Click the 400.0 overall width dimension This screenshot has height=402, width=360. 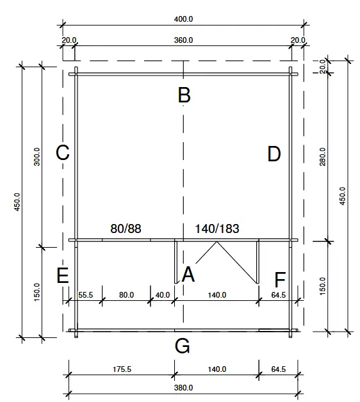pyautogui.click(x=183, y=19)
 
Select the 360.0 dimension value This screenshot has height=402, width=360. pyautogui.click(x=183, y=40)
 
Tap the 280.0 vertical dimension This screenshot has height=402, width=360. pyautogui.click(x=322, y=156)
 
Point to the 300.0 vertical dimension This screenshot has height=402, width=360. pyautogui.click(x=37, y=156)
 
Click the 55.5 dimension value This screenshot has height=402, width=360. pyautogui.click(x=86, y=295)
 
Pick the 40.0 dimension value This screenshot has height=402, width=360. pyautogui.click(x=163, y=295)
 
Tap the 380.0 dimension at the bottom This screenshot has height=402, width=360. pyautogui.click(x=183, y=388)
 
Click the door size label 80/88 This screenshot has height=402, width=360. pyautogui.click(x=126, y=229)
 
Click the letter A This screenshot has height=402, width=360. pyautogui.click(x=188, y=275)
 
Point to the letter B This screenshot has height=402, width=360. pyautogui.click(x=184, y=95)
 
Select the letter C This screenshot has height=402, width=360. pyautogui.click(x=63, y=153)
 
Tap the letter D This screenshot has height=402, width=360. pyautogui.click(x=274, y=154)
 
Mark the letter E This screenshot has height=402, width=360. pyautogui.click(x=62, y=276)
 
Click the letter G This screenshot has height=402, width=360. pyautogui.click(x=183, y=346)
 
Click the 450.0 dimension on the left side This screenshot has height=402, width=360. pyautogui.click(x=17, y=201)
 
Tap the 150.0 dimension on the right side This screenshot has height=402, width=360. pyautogui.click(x=322, y=286)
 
